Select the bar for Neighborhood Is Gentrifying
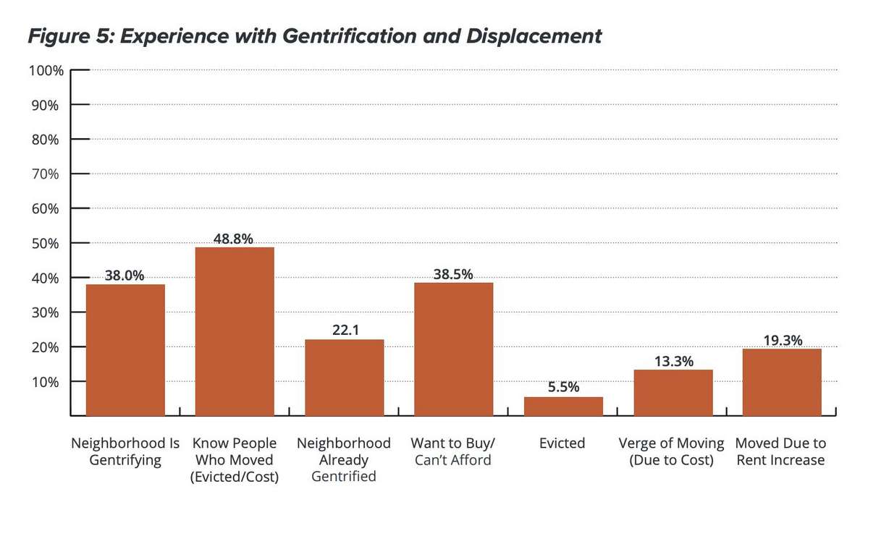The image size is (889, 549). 125,350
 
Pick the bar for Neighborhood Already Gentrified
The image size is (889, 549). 344,378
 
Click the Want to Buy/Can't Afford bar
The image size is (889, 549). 453,349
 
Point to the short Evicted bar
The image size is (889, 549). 563,407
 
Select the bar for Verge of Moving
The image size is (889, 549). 673,393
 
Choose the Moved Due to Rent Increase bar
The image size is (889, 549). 782,382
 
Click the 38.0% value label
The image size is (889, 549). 125,275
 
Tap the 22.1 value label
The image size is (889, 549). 344,330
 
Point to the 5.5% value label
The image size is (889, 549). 563,387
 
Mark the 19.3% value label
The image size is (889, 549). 782,340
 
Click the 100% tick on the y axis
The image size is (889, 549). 46,71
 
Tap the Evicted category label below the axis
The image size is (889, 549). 562,443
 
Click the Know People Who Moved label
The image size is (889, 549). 234,460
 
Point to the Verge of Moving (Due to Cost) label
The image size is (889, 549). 671,451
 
